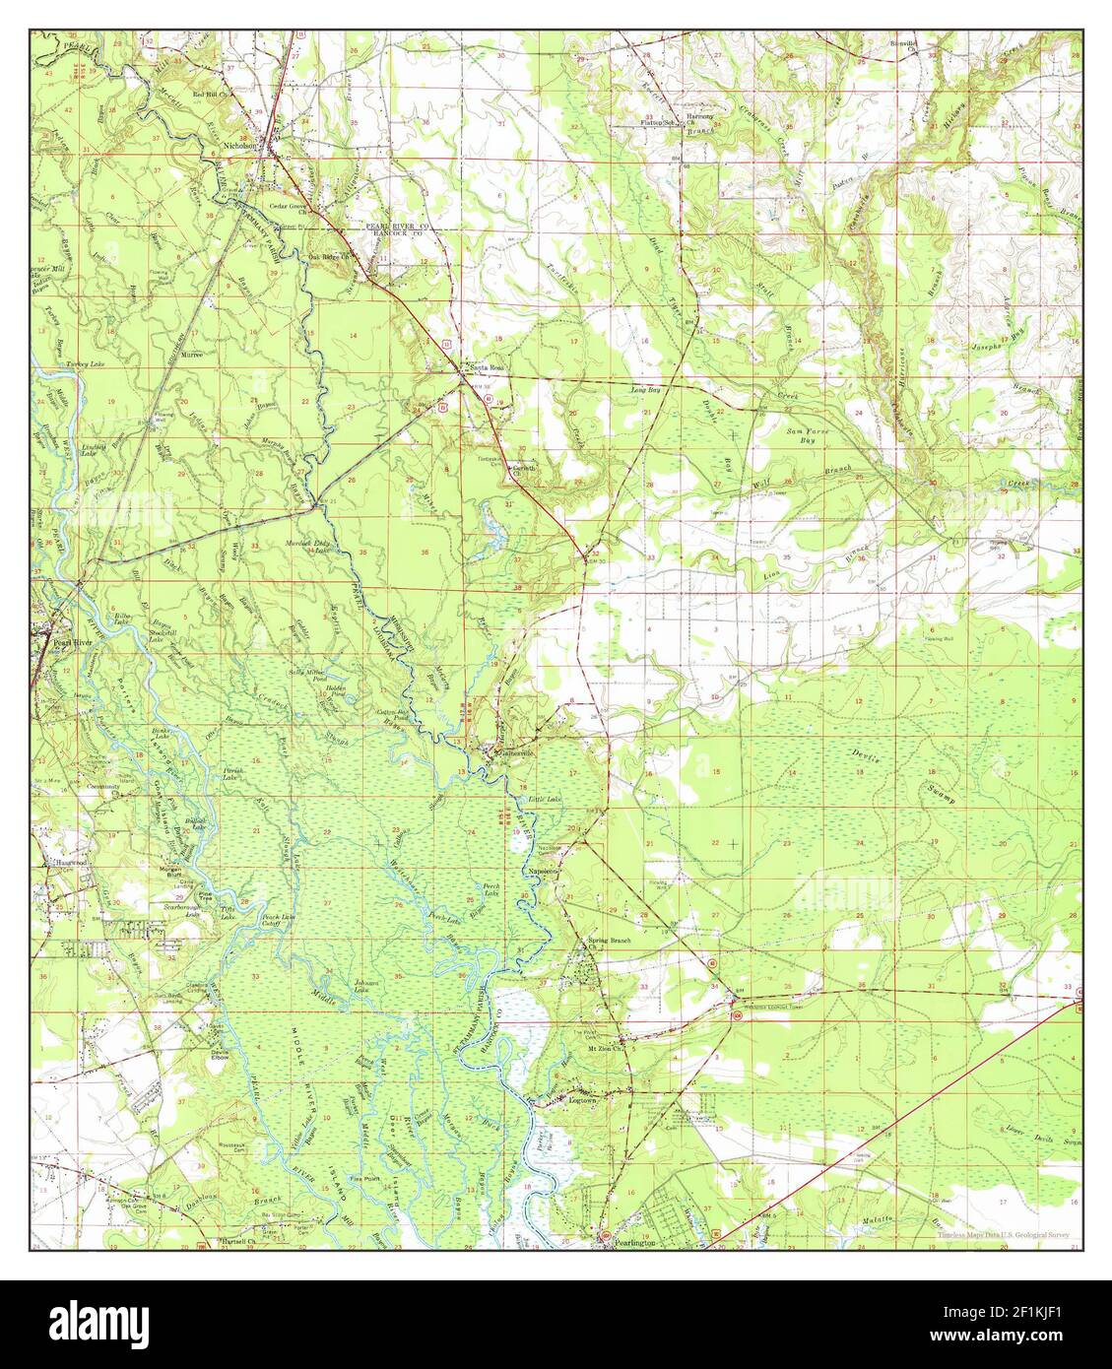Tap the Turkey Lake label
[x=58, y=364]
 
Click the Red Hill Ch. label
[x=210, y=95]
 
